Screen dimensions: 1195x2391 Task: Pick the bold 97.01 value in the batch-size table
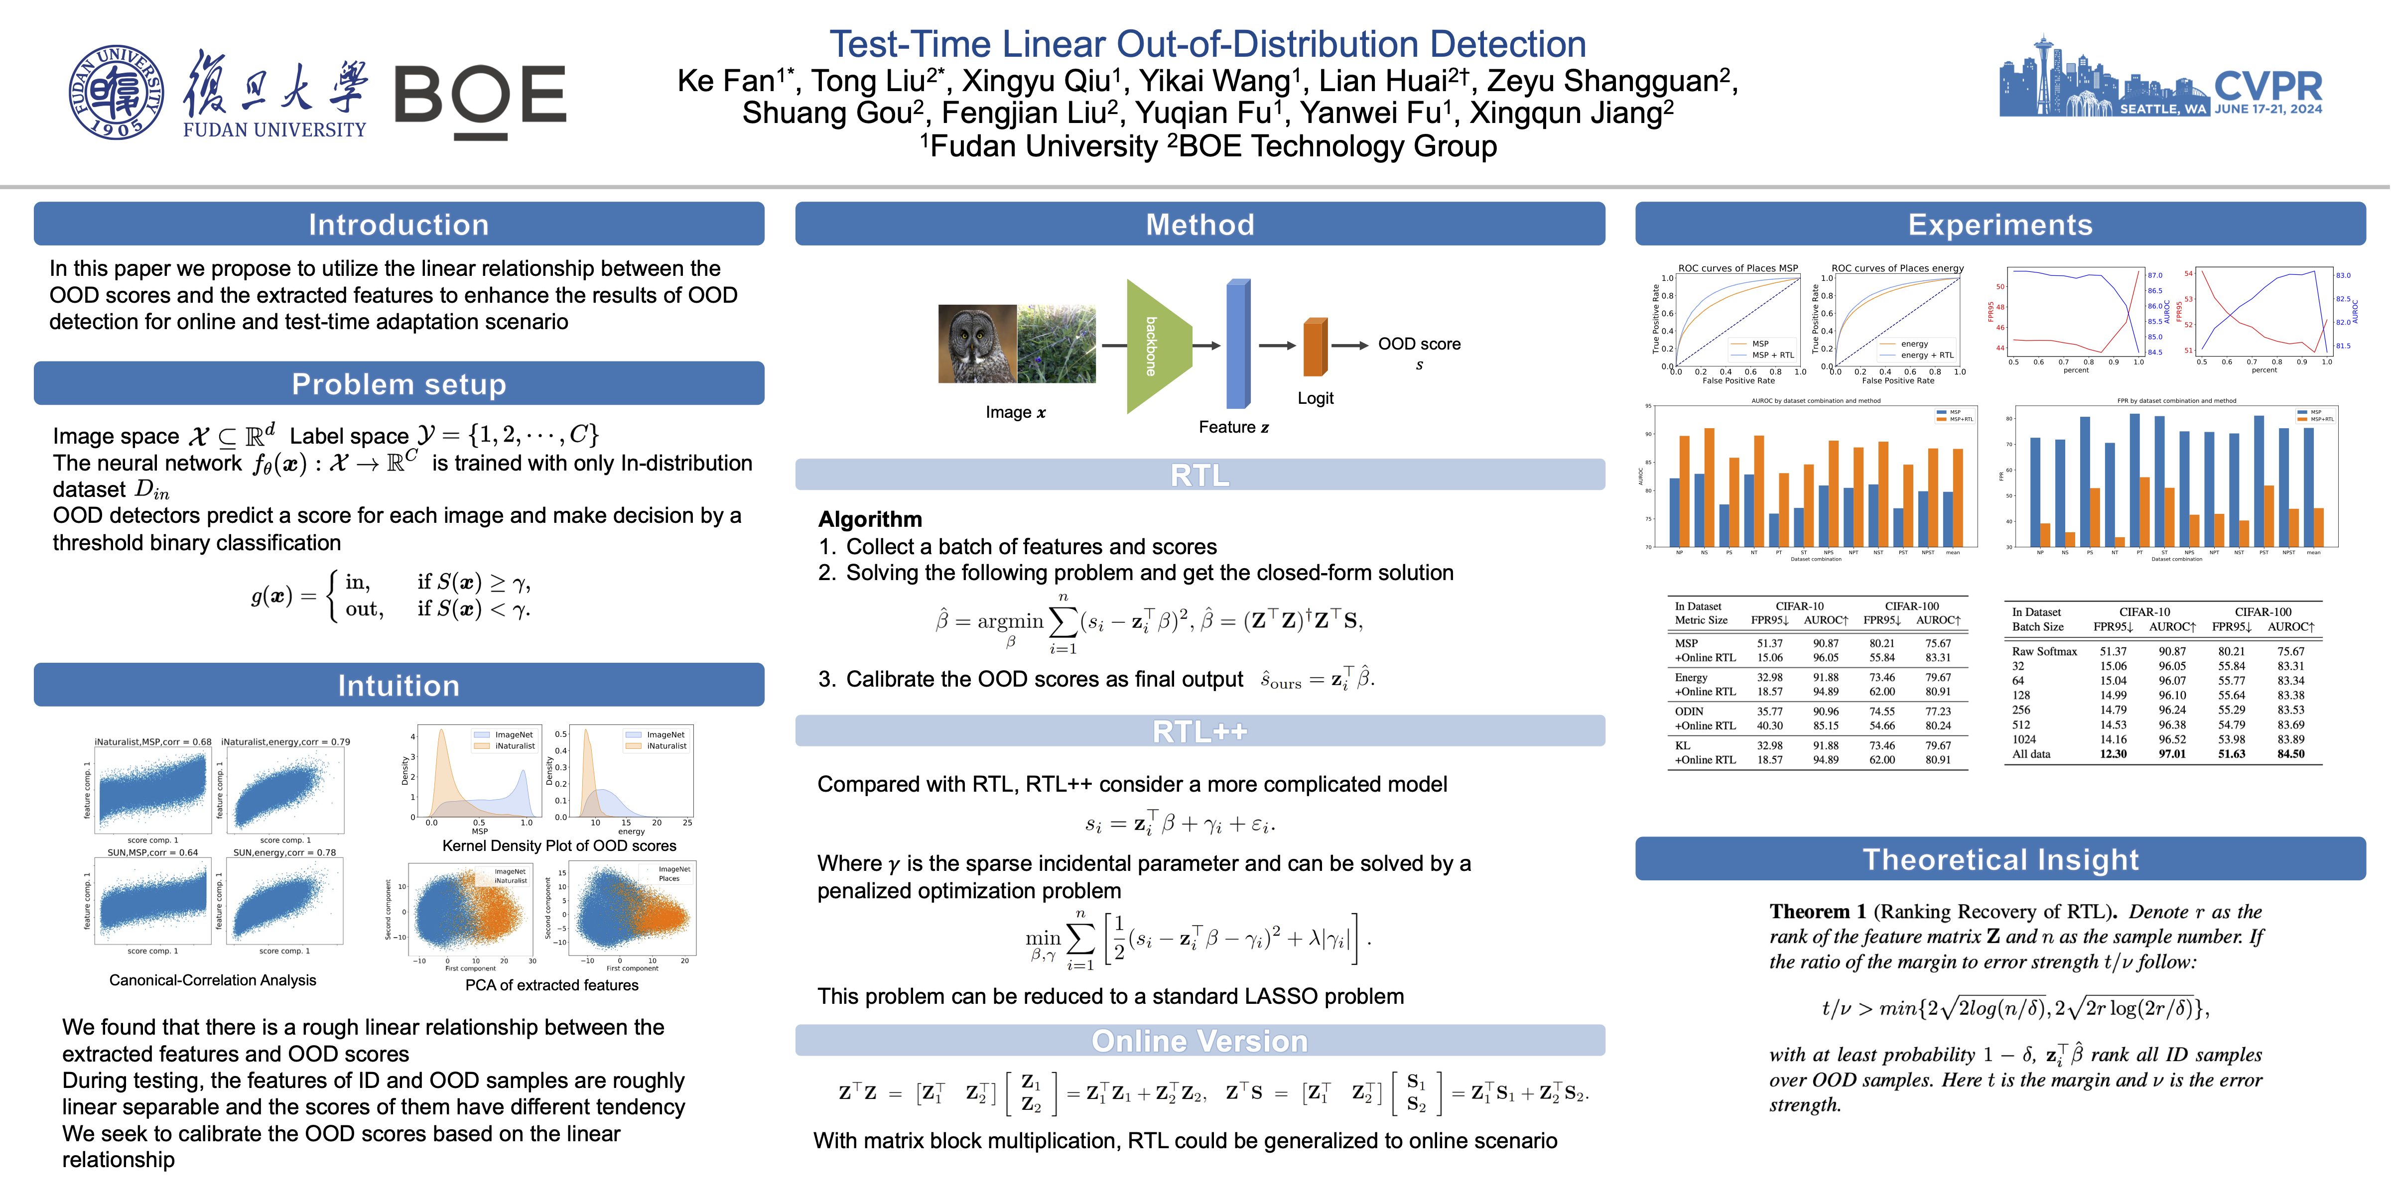pyautogui.click(x=2172, y=754)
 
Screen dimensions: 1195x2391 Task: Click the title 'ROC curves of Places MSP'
pyautogui.click(x=1737, y=268)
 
